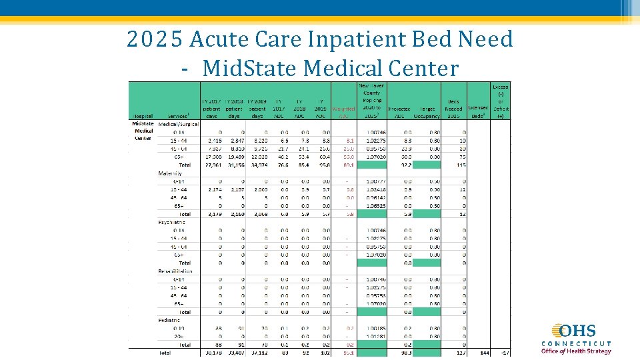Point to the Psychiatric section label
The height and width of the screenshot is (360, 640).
coord(172,221)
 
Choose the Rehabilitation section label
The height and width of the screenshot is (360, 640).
coord(175,271)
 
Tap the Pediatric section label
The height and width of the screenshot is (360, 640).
coord(169,320)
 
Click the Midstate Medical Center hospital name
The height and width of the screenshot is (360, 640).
coord(143,131)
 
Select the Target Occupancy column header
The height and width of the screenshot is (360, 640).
coord(427,112)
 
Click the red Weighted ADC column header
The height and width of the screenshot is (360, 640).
coord(343,112)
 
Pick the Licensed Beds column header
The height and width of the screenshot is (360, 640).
coord(478,111)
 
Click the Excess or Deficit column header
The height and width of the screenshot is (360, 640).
coord(500,101)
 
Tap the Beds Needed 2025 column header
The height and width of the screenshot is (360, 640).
coord(453,108)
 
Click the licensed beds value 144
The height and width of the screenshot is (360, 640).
coord(482,353)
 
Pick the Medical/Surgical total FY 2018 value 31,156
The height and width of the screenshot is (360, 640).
coord(235,165)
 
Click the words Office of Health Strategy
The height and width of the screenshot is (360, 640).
coord(576,351)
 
